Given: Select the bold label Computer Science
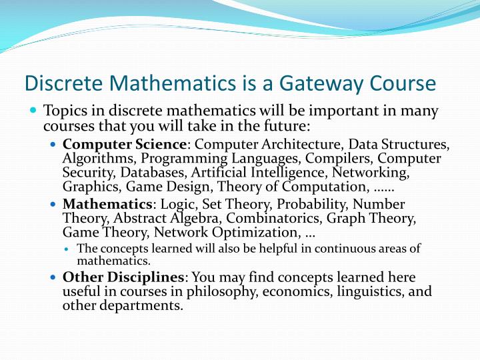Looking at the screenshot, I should pyautogui.click(x=123, y=144).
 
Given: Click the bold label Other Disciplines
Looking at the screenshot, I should pyautogui.click(x=123, y=277).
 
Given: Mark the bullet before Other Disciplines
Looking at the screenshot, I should pyautogui.click(x=54, y=277).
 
